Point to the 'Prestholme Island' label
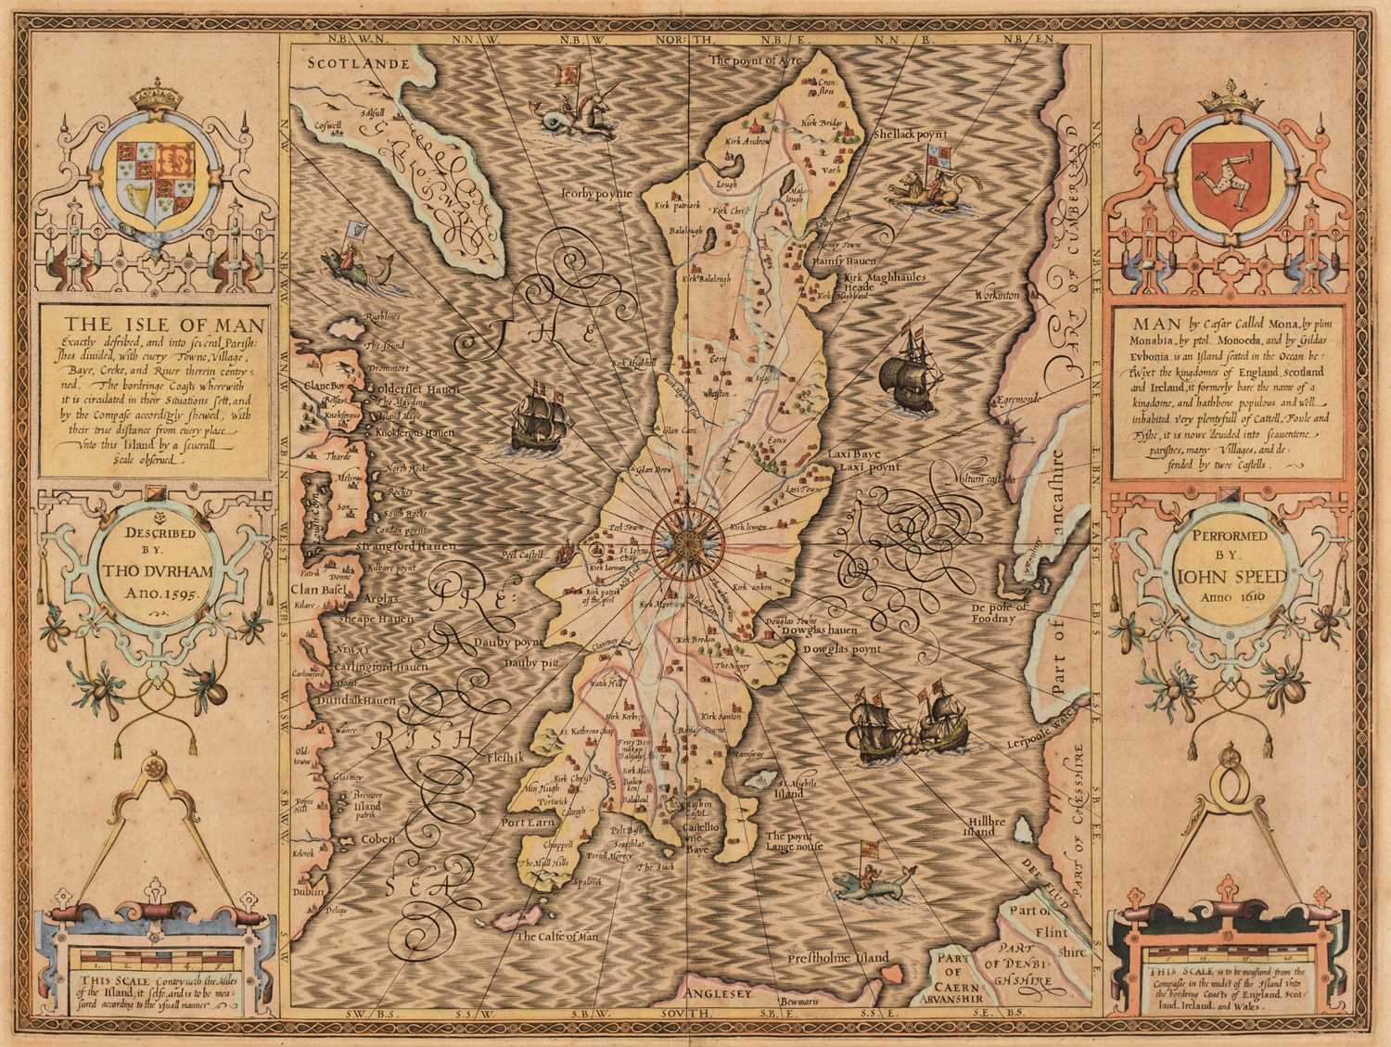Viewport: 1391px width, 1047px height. coord(838,957)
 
